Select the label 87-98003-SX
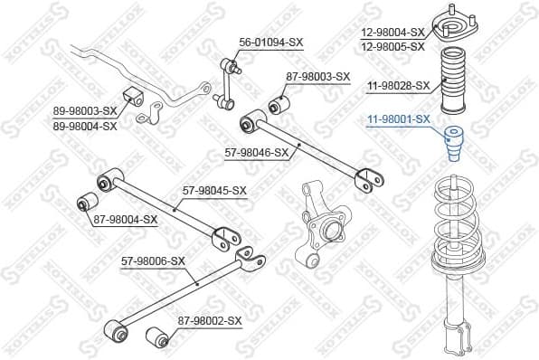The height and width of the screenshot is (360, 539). [317, 77]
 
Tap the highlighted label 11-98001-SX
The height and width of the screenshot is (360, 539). [398, 118]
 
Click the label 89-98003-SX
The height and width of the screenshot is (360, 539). [84, 112]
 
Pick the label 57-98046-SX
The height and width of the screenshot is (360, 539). [256, 152]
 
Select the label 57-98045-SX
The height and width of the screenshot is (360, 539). [214, 190]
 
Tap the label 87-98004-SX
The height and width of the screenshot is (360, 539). [125, 219]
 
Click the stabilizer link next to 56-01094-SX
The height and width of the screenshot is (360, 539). [229, 87]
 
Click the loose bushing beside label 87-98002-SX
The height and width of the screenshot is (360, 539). [157, 336]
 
